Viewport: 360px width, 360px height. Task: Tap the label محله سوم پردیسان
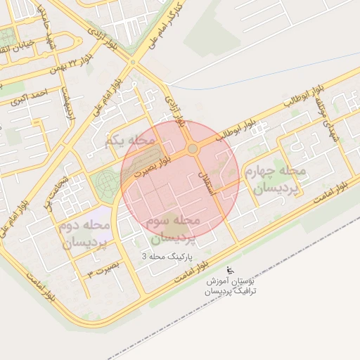175,228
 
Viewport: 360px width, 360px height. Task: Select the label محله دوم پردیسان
88,235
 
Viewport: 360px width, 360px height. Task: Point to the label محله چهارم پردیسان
275,180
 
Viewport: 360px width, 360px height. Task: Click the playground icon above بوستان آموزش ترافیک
231,270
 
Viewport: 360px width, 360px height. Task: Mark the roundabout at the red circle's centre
192,149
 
